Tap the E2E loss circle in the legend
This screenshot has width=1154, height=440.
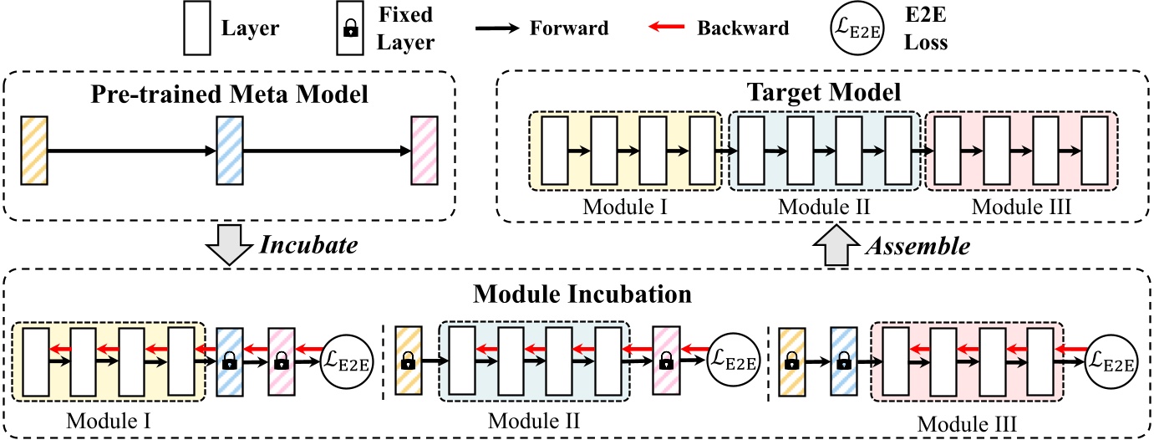[858, 29]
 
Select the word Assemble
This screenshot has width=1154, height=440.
[917, 247]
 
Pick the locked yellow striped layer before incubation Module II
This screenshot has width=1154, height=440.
[407, 361]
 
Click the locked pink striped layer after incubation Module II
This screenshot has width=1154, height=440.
[666, 361]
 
